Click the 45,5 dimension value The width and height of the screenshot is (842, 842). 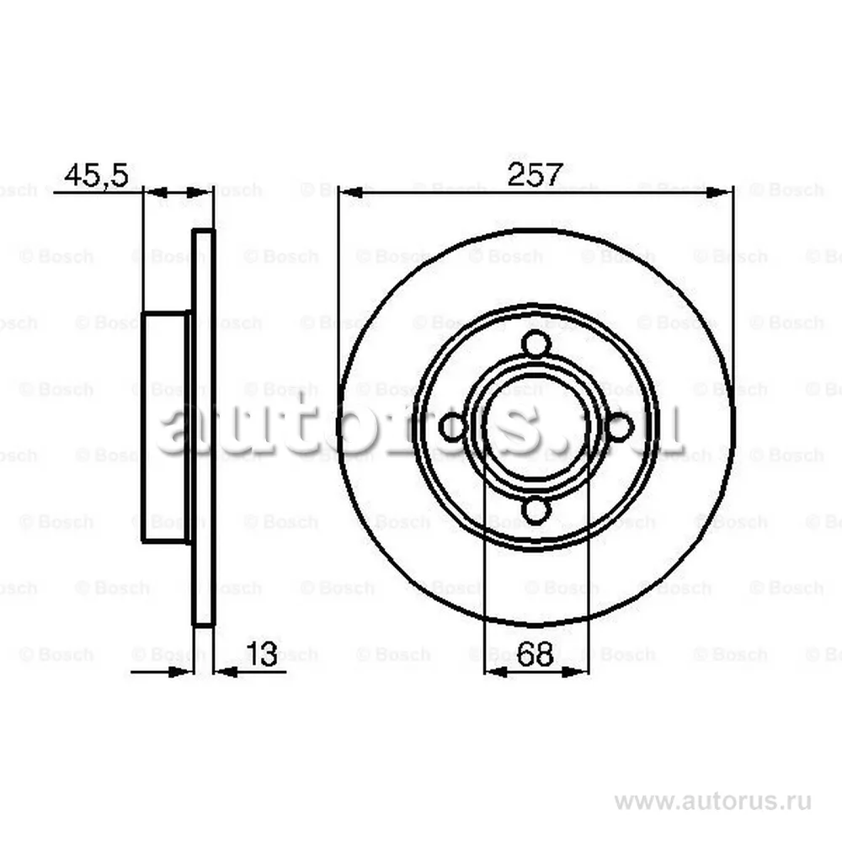(x=96, y=176)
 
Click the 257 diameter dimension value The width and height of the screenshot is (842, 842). (x=534, y=175)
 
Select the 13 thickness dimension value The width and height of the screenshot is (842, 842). (x=262, y=654)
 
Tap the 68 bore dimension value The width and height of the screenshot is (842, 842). (x=536, y=654)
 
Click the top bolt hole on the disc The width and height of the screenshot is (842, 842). (x=536, y=344)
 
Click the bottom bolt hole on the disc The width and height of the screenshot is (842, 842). (x=536, y=509)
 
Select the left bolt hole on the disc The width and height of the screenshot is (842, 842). (x=453, y=427)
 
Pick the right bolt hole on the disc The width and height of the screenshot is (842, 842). (x=619, y=427)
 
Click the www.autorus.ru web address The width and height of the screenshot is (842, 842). (x=712, y=801)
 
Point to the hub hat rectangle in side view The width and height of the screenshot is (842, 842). (x=166, y=427)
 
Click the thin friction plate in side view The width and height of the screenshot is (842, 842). (x=204, y=427)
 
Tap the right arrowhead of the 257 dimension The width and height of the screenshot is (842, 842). (x=720, y=193)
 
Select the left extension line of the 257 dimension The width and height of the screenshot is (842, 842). (x=338, y=295)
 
